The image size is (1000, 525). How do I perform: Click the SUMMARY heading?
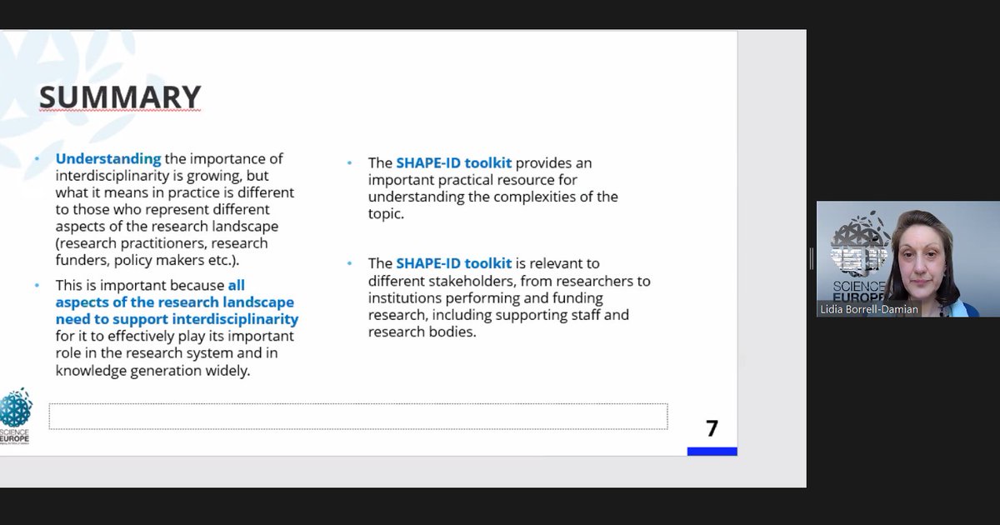coord(120,97)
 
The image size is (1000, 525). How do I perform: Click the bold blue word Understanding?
coord(108,158)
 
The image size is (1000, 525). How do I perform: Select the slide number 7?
coord(711,428)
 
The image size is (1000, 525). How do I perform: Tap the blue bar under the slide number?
coord(712,452)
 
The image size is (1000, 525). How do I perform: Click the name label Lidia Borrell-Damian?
coord(867,309)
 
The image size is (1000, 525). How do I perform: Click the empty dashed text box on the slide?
coord(358,416)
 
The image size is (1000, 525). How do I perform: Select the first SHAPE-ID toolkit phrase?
coord(453,163)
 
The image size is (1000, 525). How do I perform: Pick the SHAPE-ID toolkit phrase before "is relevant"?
coord(453,264)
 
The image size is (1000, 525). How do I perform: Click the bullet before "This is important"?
coord(37,286)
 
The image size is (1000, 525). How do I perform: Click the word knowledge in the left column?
coord(92,370)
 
